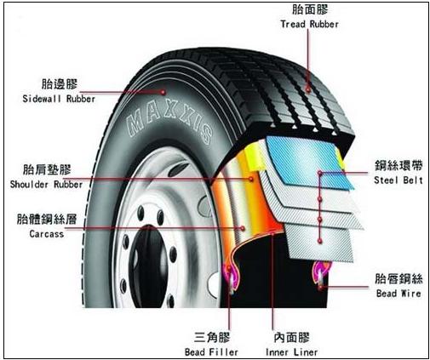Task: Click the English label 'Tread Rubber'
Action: [310, 24]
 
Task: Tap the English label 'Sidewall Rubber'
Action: [59, 99]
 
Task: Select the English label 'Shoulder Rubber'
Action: [46, 185]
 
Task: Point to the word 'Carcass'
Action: [47, 234]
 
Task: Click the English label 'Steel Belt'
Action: [398, 180]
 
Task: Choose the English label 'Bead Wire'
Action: [398, 293]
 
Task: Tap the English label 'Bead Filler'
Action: [211, 352]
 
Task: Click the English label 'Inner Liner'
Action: [291, 352]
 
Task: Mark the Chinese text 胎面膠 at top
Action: [310, 9]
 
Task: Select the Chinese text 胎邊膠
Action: [60, 84]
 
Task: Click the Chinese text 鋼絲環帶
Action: [398, 166]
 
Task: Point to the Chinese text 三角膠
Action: [212, 338]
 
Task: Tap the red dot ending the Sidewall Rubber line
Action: [163, 92]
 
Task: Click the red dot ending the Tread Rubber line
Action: [308, 89]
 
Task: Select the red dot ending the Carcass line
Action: [243, 228]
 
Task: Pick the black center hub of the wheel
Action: [146, 266]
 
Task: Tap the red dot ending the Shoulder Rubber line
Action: [251, 179]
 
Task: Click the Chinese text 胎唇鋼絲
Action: [398, 278]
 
